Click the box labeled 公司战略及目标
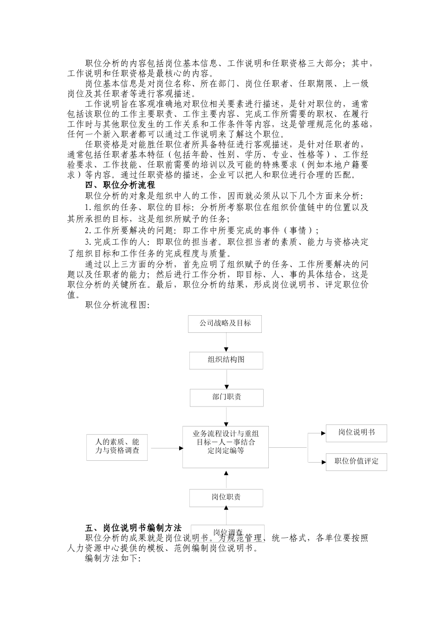(225, 324)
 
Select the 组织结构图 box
(226, 360)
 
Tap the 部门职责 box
(227, 397)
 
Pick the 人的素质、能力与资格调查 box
(117, 447)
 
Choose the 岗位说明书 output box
(356, 433)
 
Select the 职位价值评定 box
(356, 462)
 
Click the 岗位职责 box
(226, 497)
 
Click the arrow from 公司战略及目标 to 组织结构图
(226, 342)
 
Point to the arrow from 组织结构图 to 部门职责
(227, 379)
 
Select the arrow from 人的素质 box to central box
(165, 448)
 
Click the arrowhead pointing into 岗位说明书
(323, 433)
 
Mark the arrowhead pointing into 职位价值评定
(323, 462)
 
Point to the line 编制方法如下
(112, 559)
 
